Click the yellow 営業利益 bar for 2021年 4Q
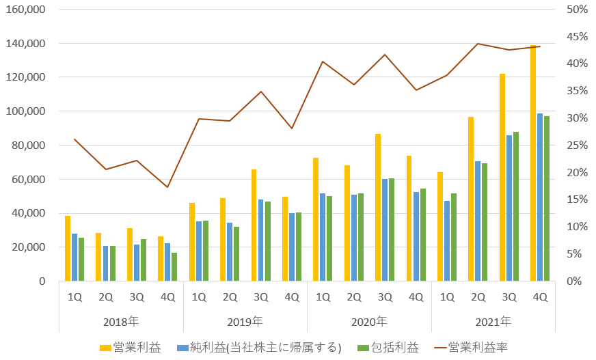(x=533, y=163)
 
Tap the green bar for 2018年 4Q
(x=174, y=266)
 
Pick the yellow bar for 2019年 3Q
(x=254, y=225)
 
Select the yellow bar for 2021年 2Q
(x=471, y=199)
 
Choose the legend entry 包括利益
(x=389, y=348)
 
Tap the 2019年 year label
(x=245, y=321)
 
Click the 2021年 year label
(x=493, y=321)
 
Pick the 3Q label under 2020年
(x=385, y=297)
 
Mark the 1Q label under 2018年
(x=74, y=297)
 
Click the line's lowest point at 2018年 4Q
(x=167, y=187)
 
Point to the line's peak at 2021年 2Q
(x=478, y=44)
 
